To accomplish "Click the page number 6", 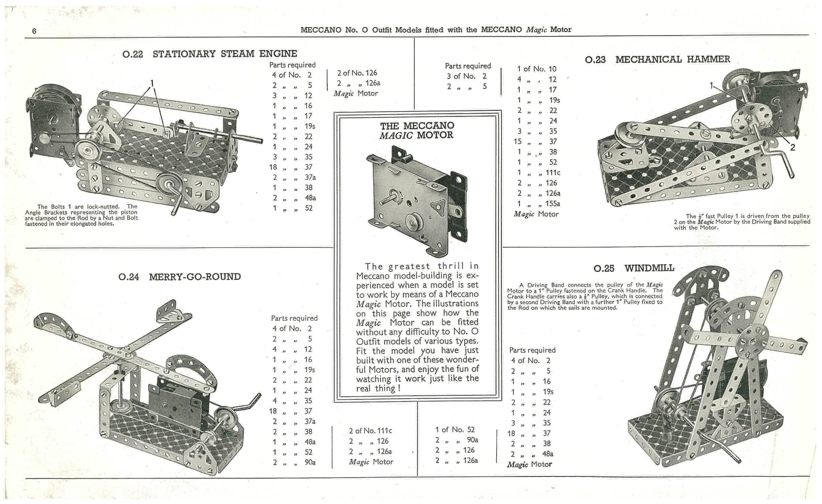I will (x=34, y=31).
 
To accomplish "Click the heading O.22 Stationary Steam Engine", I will (x=210, y=54).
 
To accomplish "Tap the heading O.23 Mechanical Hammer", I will (x=658, y=60).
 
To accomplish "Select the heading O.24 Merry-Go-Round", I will (x=180, y=277).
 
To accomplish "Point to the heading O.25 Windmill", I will (x=634, y=269).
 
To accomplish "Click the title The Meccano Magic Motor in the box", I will (x=417, y=130).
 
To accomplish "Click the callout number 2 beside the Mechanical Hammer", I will (x=792, y=147).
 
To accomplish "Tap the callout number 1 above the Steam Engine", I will (x=152, y=83).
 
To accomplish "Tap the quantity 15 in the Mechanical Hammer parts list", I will (x=518, y=142).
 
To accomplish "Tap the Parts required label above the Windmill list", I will (x=532, y=350).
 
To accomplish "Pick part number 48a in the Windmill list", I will (x=548, y=454).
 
